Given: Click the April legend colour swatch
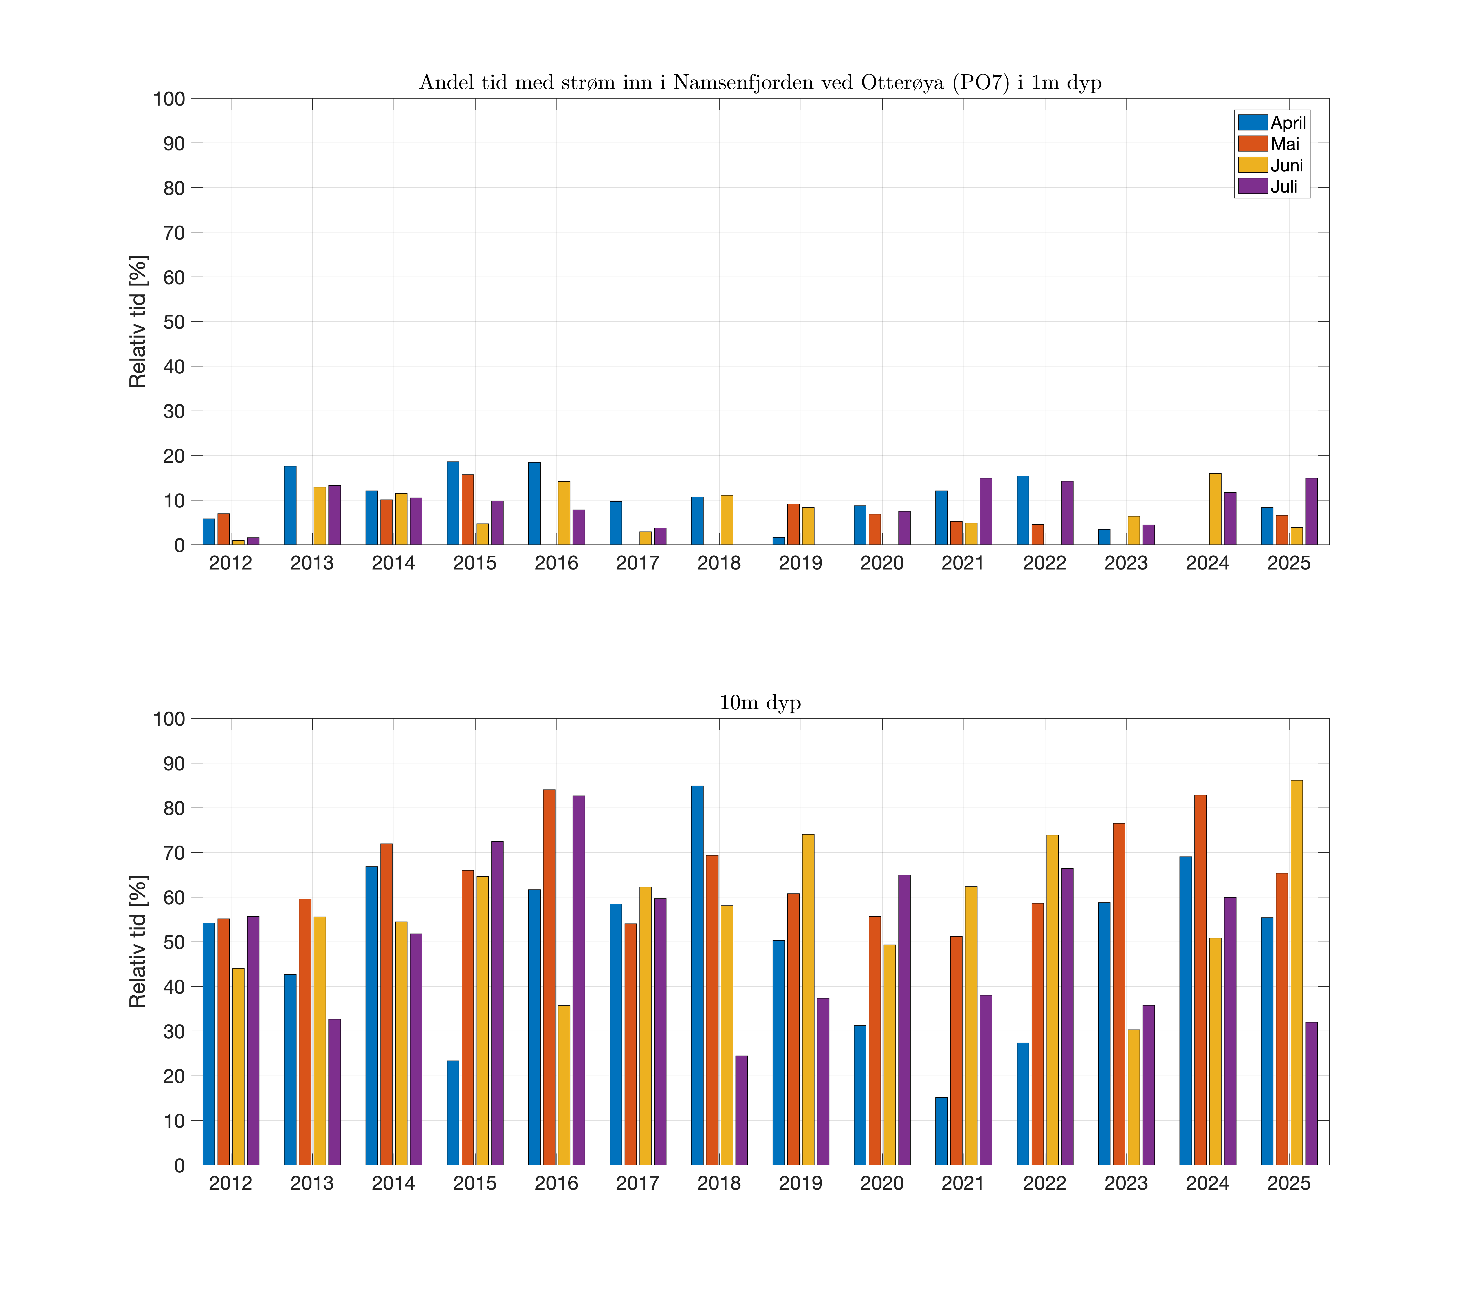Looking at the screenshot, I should click(x=1252, y=122).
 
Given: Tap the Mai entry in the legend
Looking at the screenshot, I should click(x=1284, y=144).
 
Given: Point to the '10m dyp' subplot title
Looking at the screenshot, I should click(x=760, y=703).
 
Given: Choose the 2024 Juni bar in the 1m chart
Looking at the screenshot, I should click(x=1214, y=509).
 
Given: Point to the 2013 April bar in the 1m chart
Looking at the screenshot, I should click(x=290, y=506).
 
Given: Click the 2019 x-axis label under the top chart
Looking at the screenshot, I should click(x=800, y=563).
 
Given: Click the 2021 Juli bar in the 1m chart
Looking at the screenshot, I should click(x=986, y=511).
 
